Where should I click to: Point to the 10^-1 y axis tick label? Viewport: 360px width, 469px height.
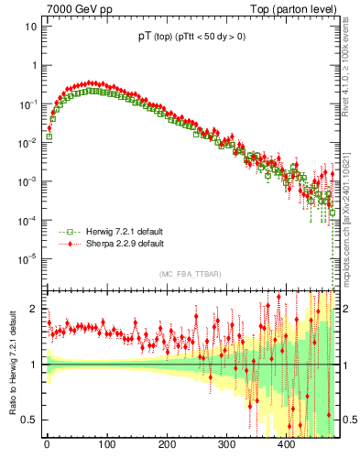pyautogui.click(x=28, y=104)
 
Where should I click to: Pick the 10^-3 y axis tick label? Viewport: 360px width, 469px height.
pyautogui.click(x=28, y=181)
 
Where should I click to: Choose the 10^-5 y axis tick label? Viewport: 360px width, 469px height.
pyautogui.click(x=28, y=258)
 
